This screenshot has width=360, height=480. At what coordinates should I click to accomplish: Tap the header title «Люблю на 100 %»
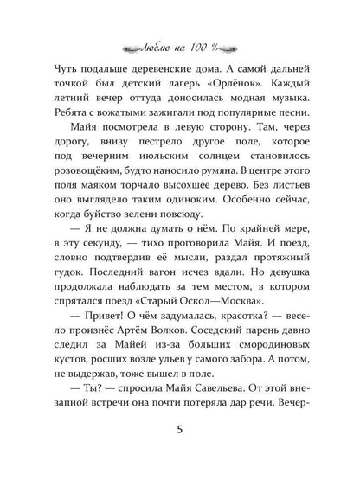(x=180, y=43)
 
